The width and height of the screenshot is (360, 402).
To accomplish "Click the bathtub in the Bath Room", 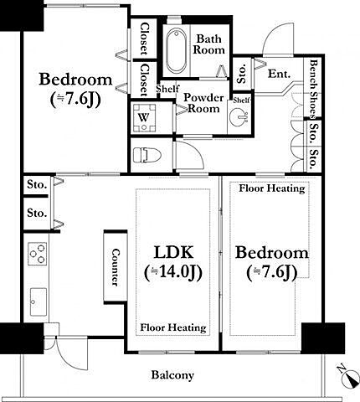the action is [x=177, y=50].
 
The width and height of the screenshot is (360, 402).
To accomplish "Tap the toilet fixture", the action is [x=147, y=155].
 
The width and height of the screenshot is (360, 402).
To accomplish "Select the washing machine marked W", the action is [x=144, y=117].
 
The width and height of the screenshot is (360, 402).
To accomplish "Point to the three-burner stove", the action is [x=38, y=254].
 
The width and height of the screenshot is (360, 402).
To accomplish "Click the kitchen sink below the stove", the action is [x=39, y=302].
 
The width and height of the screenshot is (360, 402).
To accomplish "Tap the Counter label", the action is [x=116, y=267].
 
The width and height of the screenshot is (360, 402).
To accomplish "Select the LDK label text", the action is [x=173, y=252].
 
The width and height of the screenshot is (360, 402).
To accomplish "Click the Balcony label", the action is [x=172, y=375].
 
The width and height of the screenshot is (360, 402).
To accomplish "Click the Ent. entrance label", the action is [x=279, y=74].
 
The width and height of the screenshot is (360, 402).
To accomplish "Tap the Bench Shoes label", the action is [x=314, y=89].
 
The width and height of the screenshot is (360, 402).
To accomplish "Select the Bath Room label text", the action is [x=209, y=44].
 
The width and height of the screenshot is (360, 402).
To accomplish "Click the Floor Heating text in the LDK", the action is [x=173, y=327].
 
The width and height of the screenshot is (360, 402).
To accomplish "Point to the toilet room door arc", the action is [x=194, y=152].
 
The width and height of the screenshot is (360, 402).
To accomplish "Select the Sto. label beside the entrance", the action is [x=242, y=74].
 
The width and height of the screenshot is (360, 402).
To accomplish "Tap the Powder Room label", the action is [x=204, y=103].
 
